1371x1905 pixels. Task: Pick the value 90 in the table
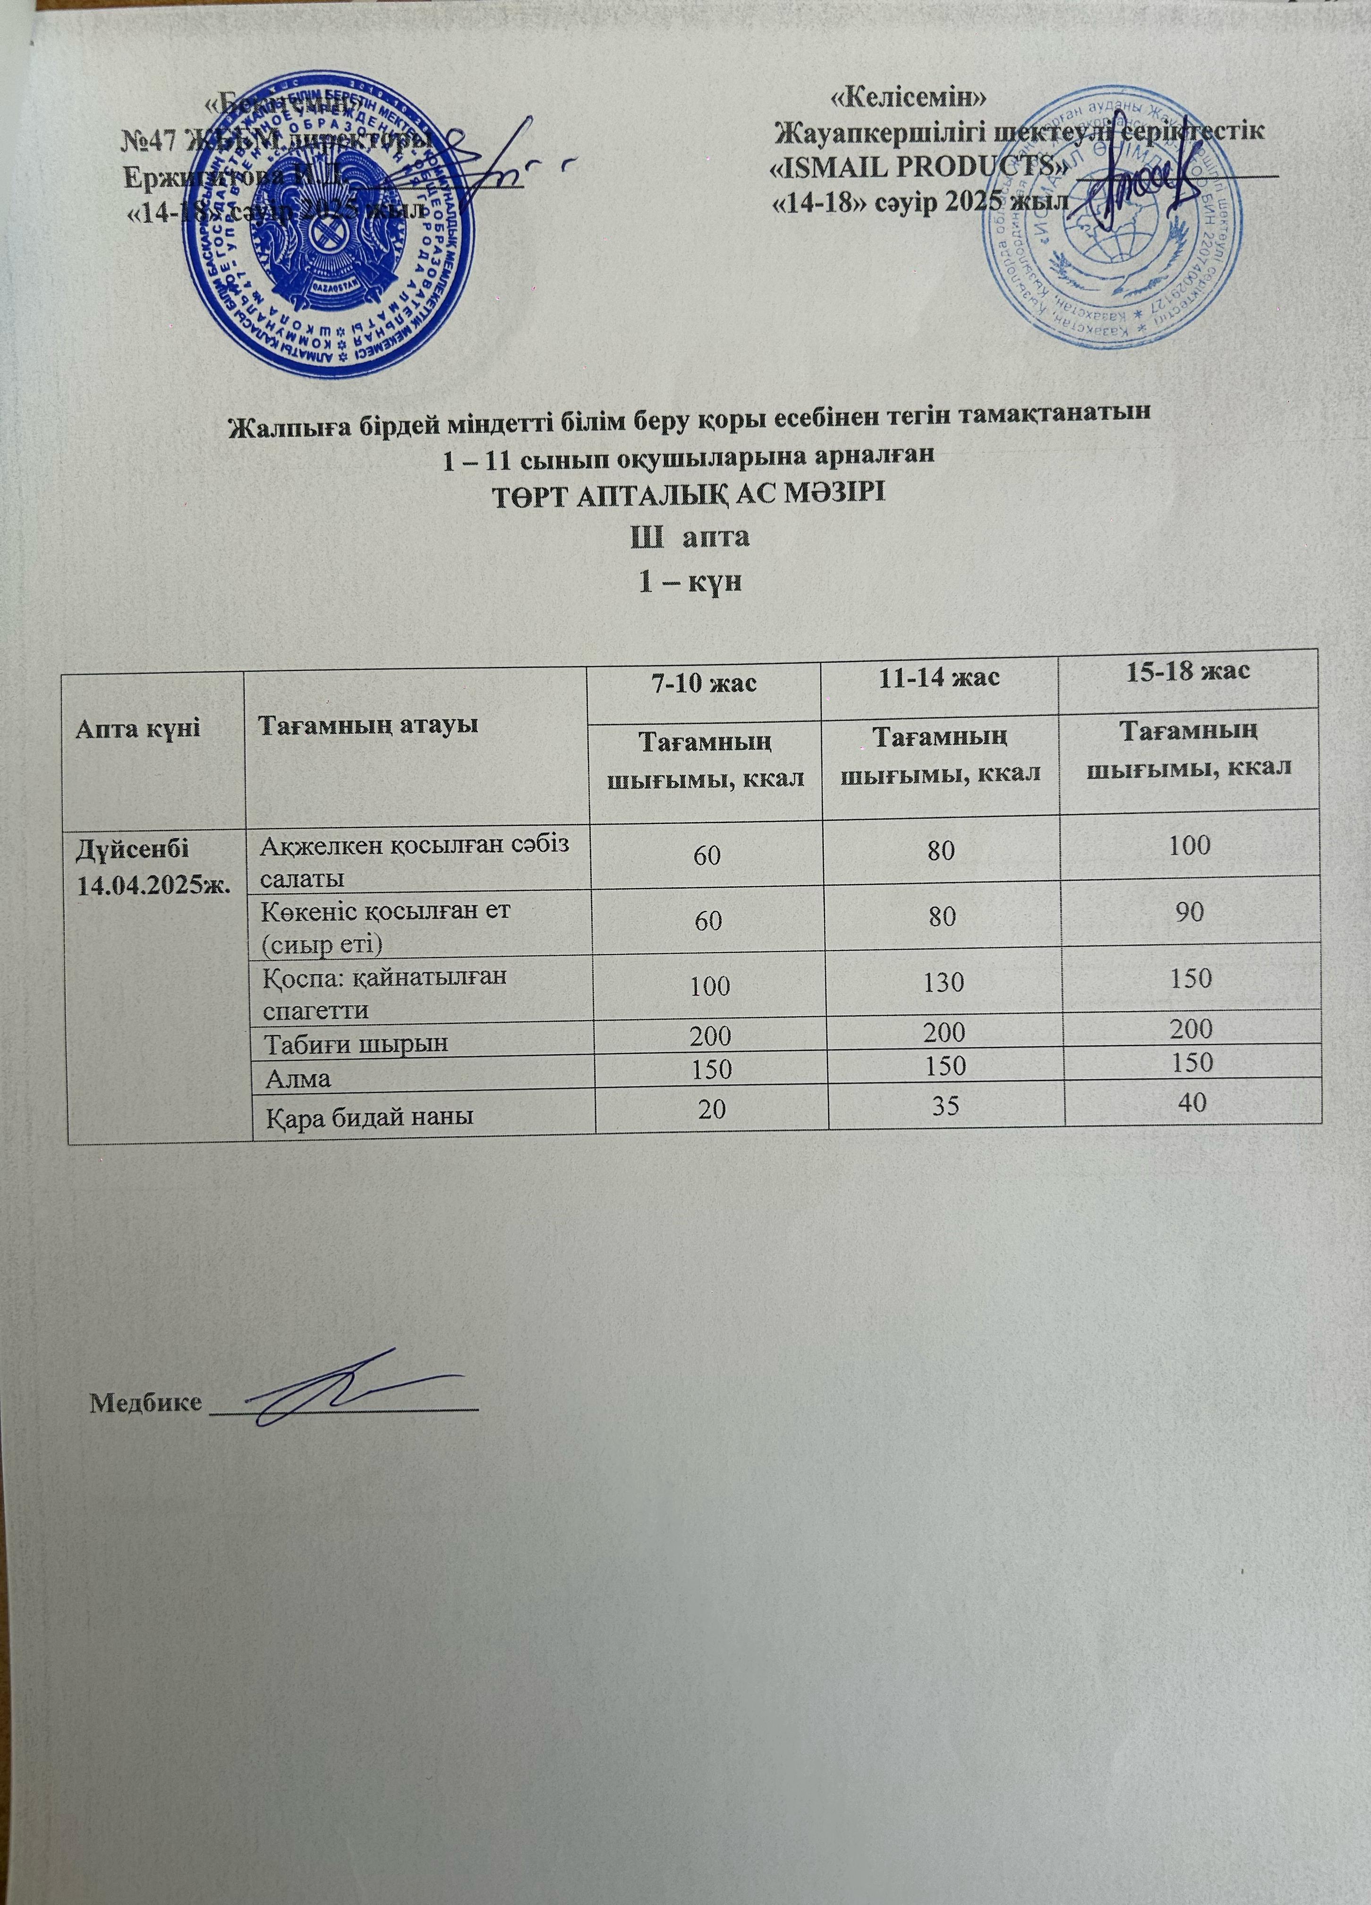[1191, 912]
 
